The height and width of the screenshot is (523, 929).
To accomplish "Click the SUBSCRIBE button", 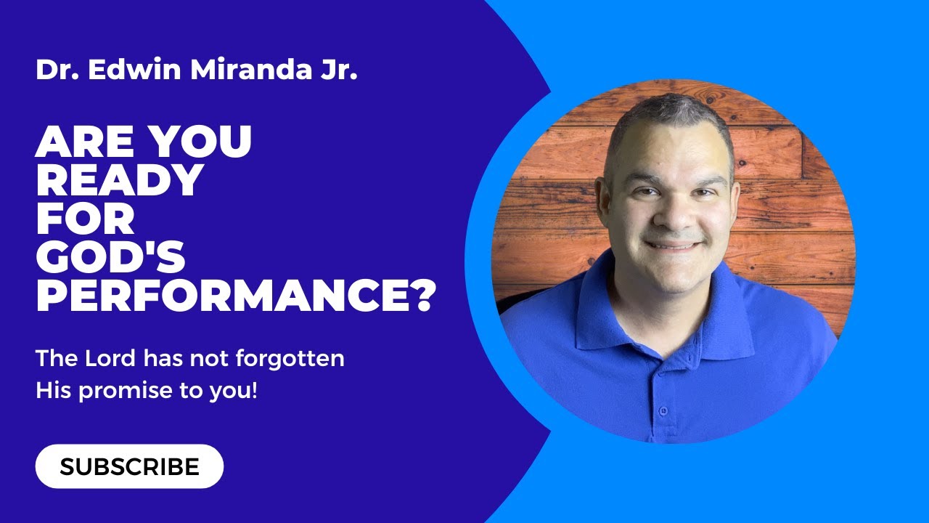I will click(129, 466).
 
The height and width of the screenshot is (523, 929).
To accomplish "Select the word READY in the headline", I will click(119, 180).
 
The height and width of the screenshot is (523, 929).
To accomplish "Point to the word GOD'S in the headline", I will click(110, 258).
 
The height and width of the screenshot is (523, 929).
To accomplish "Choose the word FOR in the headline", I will click(85, 219).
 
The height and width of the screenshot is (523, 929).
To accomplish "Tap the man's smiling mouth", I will click(671, 246).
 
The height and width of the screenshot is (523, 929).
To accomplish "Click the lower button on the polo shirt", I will click(663, 411).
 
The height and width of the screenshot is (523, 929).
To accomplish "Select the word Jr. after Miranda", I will click(338, 70).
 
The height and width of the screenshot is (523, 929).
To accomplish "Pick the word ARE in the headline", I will click(86, 142).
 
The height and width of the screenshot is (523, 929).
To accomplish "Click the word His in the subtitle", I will click(54, 392).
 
